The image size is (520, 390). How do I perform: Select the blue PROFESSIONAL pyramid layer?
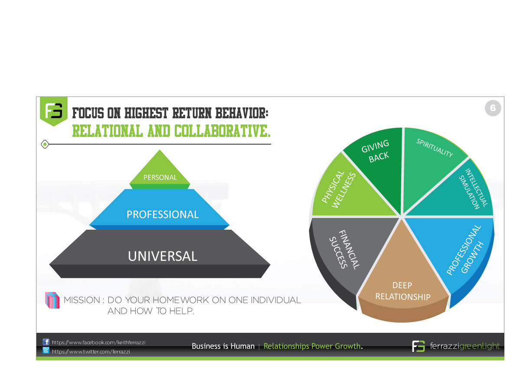[x=162, y=214]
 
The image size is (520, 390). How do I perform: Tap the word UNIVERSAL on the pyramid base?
[x=162, y=256]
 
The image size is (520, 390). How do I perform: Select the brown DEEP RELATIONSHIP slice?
[x=403, y=286]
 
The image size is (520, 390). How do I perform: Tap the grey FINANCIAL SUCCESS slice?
[x=342, y=249]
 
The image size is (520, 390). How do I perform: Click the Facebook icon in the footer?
[x=46, y=342]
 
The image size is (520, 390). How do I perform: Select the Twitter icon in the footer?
[x=46, y=351]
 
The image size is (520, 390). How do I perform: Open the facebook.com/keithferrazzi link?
[x=98, y=342]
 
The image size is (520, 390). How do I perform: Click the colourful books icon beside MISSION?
[x=52, y=300]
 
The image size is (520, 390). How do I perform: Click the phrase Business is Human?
[x=223, y=346]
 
